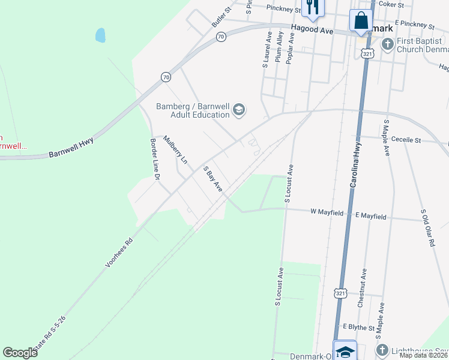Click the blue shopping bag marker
pos(361,20)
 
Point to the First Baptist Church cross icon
pos(388,44)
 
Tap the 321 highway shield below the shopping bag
pos(366,53)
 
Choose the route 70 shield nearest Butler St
pos(221,37)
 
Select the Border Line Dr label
pos(155,160)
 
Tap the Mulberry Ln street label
pos(176,150)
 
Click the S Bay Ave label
pos(212,179)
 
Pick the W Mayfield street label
pos(327,212)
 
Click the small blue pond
pos(100,35)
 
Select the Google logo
pos(20,352)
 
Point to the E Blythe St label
pos(358,328)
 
